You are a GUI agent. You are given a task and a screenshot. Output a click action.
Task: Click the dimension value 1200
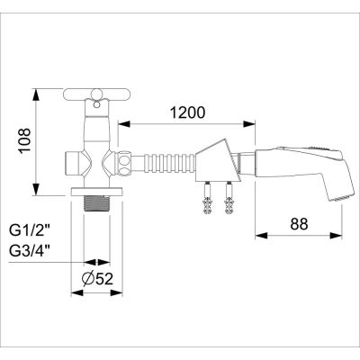tap(185, 113)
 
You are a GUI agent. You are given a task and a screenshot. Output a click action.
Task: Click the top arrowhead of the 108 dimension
tap(36, 94)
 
